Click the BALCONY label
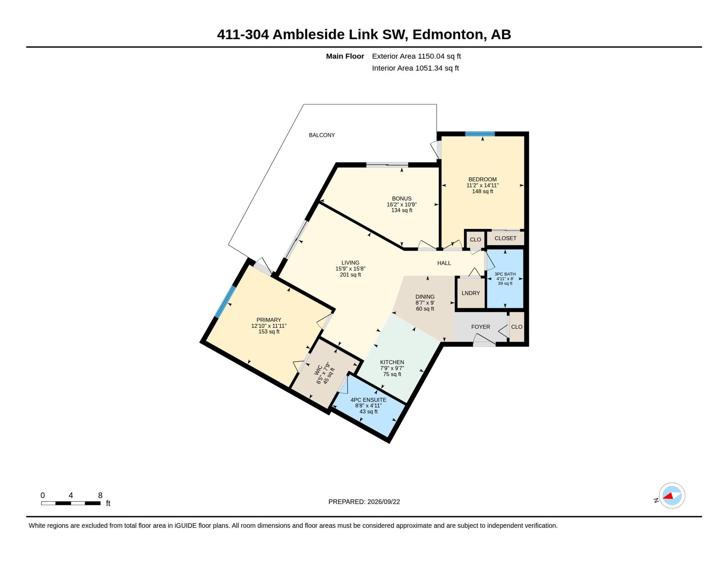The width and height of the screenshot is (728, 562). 322,135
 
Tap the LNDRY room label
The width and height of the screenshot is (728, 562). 471,293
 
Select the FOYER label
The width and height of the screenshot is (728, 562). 480,327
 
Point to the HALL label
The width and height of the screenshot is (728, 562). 444,263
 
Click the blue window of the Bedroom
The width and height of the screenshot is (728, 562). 480,134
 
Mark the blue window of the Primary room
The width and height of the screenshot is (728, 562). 225,301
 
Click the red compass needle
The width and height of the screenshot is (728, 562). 668,496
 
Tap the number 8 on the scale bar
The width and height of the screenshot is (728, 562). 100,496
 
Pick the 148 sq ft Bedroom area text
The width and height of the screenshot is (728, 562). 482,191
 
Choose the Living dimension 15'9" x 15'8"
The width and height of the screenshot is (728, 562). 350,268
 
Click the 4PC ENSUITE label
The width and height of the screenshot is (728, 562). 368,400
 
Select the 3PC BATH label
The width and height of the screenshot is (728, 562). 505,274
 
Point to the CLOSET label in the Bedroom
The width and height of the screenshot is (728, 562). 505,238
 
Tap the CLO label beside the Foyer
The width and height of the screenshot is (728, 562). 517,327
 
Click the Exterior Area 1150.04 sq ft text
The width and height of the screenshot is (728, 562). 416,56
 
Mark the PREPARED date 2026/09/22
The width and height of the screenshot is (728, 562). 383,502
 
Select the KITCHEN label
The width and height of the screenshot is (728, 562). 392,362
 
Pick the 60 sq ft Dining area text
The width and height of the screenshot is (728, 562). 425,309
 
